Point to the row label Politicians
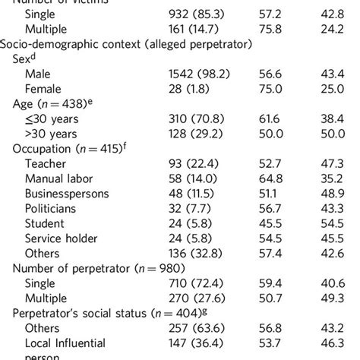click(x=51, y=208)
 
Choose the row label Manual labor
click(x=60, y=178)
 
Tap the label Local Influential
click(x=65, y=343)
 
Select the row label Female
click(x=43, y=89)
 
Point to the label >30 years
click(x=52, y=134)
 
